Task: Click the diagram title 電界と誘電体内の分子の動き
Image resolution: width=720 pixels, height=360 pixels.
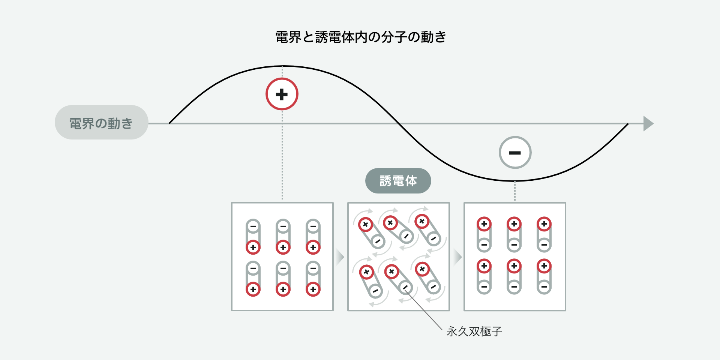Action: [360, 37]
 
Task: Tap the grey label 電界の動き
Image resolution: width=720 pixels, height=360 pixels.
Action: [101, 123]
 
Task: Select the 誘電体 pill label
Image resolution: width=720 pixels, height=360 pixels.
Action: [398, 181]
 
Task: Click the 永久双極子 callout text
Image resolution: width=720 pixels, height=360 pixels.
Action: [474, 331]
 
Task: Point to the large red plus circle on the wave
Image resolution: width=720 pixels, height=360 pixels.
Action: [282, 94]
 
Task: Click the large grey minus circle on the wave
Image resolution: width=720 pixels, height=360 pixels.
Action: [515, 153]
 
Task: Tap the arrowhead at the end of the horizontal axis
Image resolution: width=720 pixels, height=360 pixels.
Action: [648, 123]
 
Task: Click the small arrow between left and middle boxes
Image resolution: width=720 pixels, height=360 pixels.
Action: [340, 257]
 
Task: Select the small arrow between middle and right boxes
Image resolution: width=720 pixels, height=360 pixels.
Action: [457, 257]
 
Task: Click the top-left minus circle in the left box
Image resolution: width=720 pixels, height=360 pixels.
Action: [253, 226]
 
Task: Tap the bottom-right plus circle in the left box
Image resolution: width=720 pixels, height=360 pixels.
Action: [313, 289]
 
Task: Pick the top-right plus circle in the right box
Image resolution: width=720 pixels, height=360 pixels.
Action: [544, 224]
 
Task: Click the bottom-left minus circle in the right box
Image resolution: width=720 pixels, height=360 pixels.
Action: [484, 287]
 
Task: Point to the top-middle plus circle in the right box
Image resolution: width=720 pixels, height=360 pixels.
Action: [514, 224]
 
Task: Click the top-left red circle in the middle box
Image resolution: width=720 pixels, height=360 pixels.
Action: [365, 225]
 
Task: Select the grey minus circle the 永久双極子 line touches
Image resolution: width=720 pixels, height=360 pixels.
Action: [405, 287]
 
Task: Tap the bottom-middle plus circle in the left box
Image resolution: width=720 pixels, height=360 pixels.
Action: [283, 289]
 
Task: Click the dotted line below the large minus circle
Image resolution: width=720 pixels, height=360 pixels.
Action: [515, 191]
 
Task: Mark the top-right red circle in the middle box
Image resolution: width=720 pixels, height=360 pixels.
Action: [422, 221]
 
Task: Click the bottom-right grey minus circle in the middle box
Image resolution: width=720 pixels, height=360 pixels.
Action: [433, 287]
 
